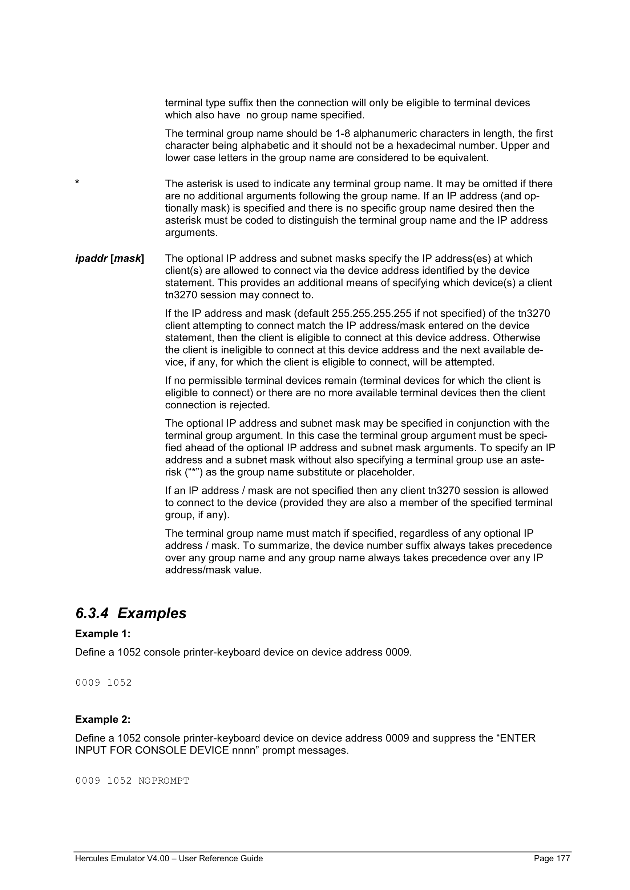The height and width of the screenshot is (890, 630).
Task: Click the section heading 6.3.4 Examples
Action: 131,613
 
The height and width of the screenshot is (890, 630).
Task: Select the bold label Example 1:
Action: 103,634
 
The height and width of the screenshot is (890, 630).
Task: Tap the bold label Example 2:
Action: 103,719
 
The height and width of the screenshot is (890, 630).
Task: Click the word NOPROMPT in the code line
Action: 164,781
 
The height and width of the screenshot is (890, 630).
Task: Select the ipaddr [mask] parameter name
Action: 109,258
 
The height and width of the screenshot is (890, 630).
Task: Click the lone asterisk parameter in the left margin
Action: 77,183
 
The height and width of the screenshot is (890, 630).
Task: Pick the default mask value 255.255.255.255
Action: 371,313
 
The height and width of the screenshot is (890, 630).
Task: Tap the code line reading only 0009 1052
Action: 104,683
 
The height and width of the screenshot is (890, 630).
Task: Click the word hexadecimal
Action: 425,146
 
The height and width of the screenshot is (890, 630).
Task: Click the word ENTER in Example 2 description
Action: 517,738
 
